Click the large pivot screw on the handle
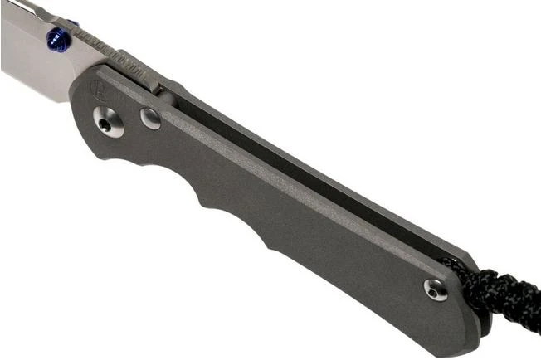click(108, 122)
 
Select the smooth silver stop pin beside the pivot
click(150, 119)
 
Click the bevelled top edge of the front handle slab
click(290, 178)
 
